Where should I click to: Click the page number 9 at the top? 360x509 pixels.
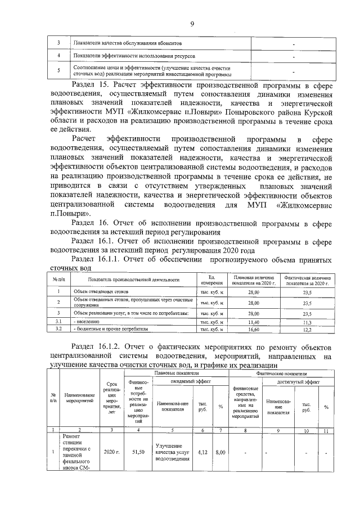192,23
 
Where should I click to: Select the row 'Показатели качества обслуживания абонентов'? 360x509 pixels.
133,43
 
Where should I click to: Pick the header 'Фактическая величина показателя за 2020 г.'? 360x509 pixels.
307,280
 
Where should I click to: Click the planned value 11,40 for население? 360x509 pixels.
253,322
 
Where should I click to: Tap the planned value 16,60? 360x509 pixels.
253,330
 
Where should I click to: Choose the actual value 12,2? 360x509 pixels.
307,330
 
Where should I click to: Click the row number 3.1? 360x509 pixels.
58,322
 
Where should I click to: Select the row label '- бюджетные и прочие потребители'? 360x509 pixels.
110,330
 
